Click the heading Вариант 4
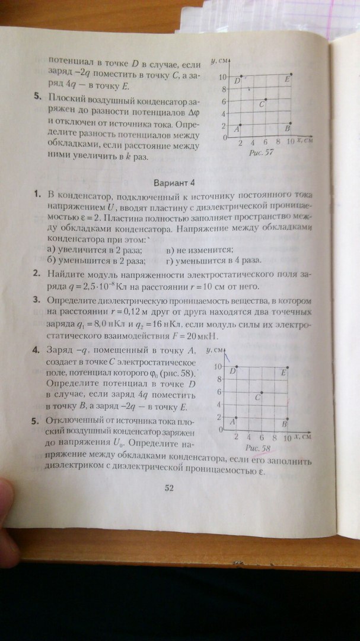[174, 182]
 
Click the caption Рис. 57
[262, 153]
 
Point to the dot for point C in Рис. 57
[266, 99]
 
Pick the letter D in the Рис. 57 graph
[237, 80]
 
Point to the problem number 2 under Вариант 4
[37, 274]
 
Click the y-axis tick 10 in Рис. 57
[221, 77]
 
